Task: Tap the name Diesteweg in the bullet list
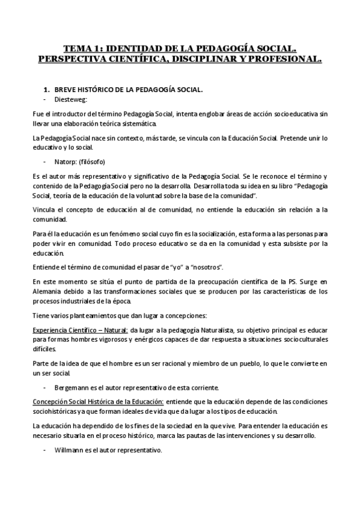(70, 100)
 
